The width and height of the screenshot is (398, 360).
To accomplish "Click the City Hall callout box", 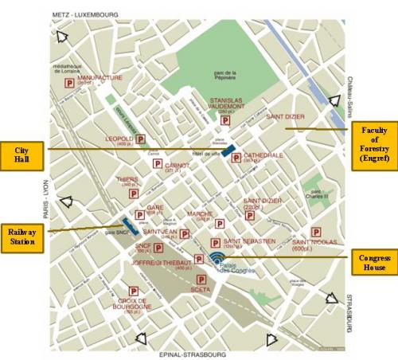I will pyautogui.click(x=24, y=151).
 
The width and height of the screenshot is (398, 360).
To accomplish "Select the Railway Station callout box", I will pyautogui.click(x=23, y=237).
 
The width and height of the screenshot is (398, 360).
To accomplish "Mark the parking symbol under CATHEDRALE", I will pyautogui.click(x=236, y=159).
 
